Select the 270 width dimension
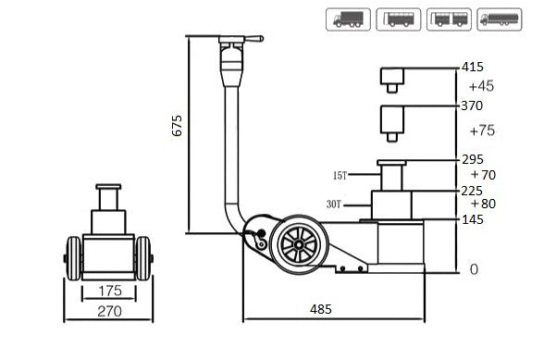point(109,312)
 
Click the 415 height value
point(474,68)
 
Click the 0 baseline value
point(474,269)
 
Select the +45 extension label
point(481,86)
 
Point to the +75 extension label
point(481,130)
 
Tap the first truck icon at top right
point(349,19)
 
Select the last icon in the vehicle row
point(500,19)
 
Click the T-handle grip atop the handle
point(240,39)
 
